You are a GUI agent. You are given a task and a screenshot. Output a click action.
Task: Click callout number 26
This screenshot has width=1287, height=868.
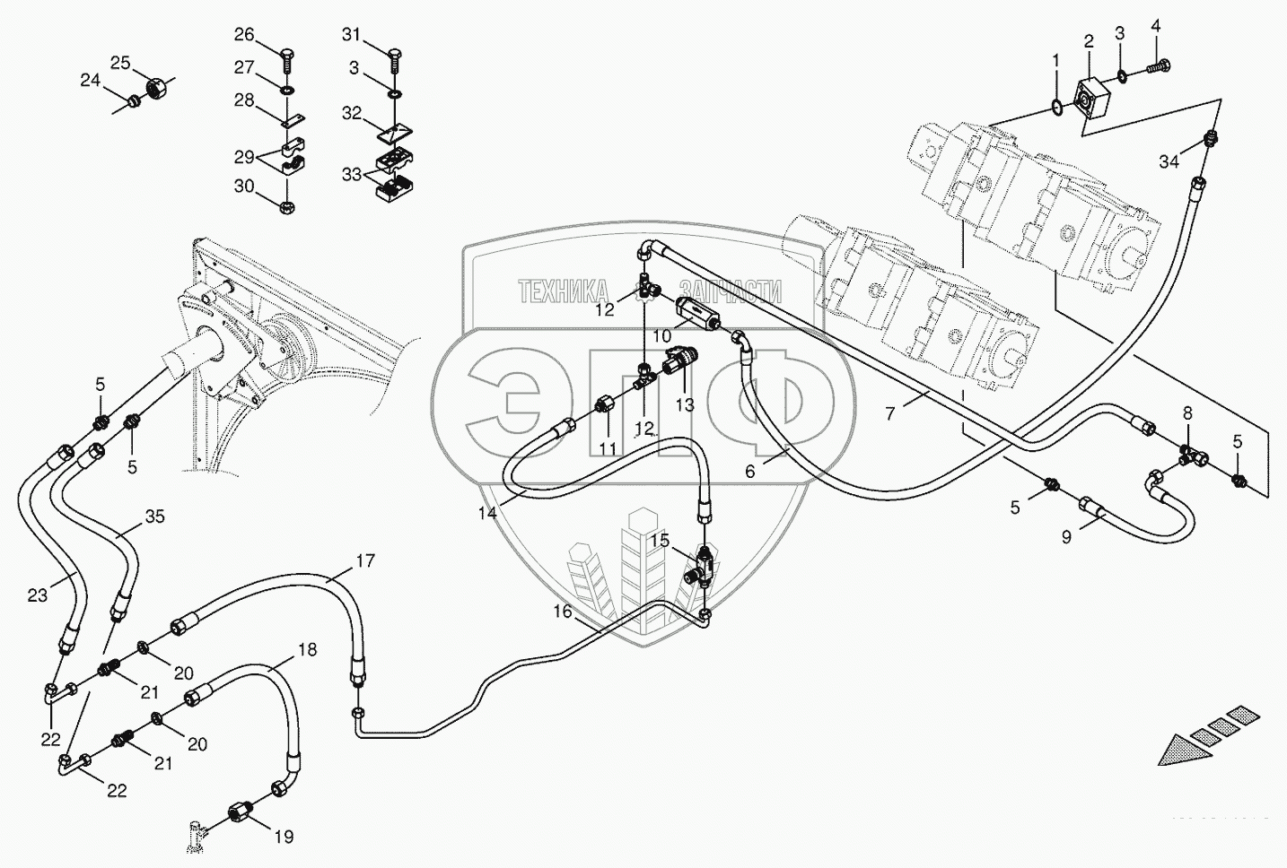[245, 35]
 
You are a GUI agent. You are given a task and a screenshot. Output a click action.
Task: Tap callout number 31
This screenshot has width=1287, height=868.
[351, 35]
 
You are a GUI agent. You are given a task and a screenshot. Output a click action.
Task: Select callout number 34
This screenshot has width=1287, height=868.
[1168, 161]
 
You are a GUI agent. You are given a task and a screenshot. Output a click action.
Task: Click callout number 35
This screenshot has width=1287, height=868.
[155, 516]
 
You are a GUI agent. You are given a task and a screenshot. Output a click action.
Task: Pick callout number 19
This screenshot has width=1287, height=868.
[284, 838]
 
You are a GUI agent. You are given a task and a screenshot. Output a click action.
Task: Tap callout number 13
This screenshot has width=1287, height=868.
[685, 404]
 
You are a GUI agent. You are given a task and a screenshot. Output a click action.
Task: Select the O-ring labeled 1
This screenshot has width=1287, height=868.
[1058, 109]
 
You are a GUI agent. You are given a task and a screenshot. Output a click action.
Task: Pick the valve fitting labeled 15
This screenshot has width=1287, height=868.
[703, 569]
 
